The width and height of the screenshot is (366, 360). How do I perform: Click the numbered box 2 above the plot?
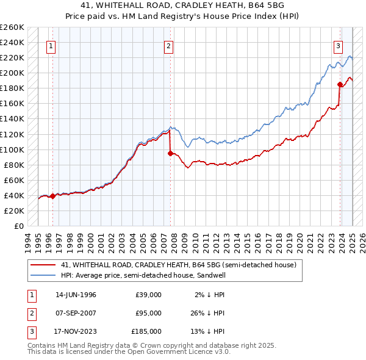coord(168,45)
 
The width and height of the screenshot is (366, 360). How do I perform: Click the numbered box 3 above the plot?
coord(337,45)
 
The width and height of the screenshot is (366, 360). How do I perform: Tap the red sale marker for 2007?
coord(171,153)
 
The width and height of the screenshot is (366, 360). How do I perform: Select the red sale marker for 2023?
coord(340,84)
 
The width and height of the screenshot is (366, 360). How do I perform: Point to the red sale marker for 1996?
coord(53,196)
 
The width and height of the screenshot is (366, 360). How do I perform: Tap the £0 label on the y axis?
coord(18,226)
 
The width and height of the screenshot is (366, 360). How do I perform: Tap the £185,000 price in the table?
coord(146,331)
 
